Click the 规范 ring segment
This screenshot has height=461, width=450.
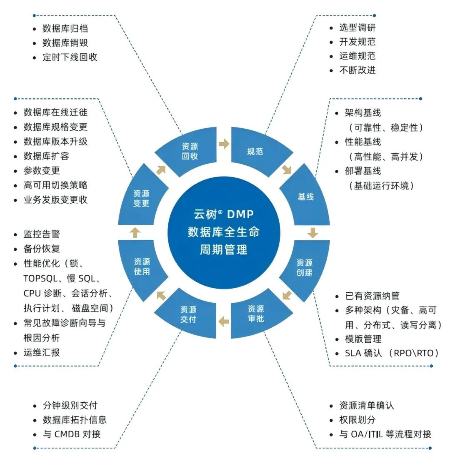[x=255, y=151]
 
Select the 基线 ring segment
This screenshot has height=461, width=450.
[x=305, y=197]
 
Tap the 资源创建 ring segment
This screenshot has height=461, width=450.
[x=305, y=268]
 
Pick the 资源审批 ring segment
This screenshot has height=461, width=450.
[x=255, y=314]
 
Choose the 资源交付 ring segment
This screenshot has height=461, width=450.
[x=188, y=314]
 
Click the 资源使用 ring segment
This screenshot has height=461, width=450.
[x=142, y=267]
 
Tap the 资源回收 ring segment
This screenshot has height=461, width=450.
[x=190, y=152]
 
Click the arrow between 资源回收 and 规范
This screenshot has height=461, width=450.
[x=224, y=144]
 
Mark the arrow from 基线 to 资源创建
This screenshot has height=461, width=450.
[x=313, y=232]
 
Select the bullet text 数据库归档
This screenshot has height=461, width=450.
[x=65, y=29]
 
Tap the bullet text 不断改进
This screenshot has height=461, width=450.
[x=357, y=70]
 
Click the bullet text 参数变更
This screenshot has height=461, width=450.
[x=42, y=170]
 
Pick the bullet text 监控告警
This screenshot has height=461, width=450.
[x=42, y=234]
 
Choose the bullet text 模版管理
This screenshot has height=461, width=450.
[x=363, y=339]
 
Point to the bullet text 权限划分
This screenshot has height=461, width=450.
[x=357, y=420]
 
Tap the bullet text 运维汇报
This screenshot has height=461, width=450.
[x=42, y=352]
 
